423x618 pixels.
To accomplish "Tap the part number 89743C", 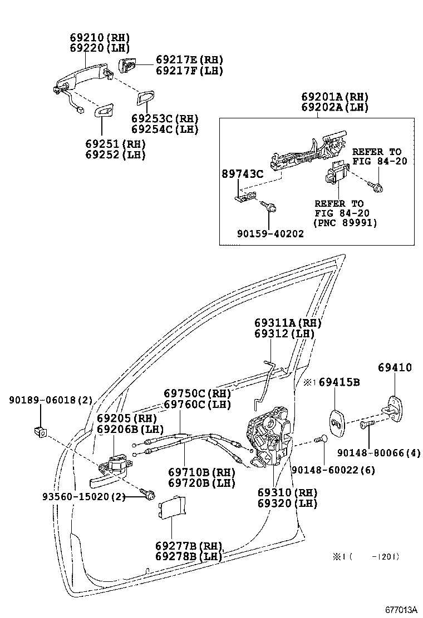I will point(242,174).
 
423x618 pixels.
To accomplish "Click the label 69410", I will point(395,367).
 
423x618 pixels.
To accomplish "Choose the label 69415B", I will point(339,382).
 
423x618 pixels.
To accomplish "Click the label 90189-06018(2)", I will point(51,400).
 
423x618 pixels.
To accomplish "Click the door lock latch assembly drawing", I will point(268,439).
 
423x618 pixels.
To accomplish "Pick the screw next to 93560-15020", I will point(147,494).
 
